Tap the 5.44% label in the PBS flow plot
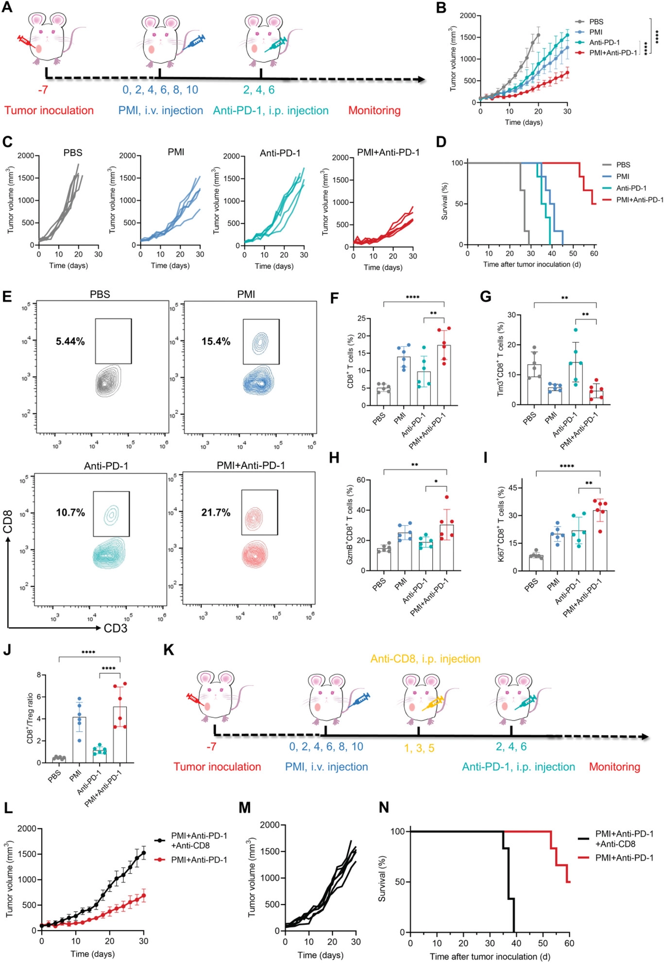[x=70, y=342]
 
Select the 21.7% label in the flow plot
[x=216, y=513]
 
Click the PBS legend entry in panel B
[x=596, y=22]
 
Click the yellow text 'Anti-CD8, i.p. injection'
[x=425, y=659]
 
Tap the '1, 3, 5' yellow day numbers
[x=419, y=748]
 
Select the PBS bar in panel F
[x=383, y=396]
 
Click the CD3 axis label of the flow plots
[x=116, y=628]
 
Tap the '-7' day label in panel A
[x=43, y=90]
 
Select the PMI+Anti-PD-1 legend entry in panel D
[x=639, y=200]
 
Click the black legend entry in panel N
[x=624, y=839]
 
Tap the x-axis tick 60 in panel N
[x=569, y=943]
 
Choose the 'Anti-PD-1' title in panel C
[x=280, y=153]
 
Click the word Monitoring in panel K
[x=614, y=767]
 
